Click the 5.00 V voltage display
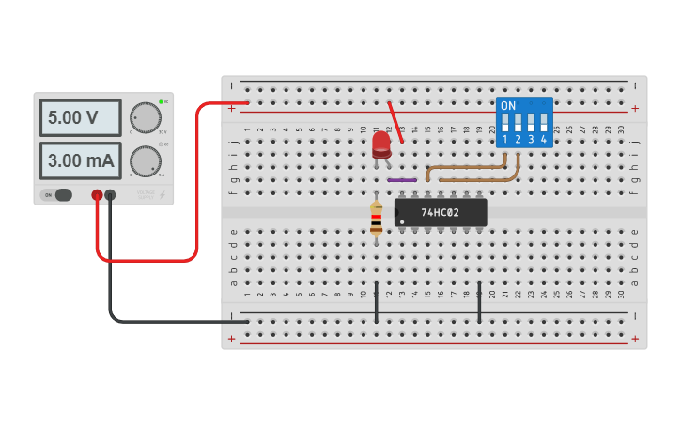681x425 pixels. tap(80, 118)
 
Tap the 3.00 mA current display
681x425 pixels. tap(80, 160)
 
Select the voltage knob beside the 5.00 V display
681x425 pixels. tap(145, 118)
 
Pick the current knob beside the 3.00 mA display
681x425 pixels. tap(145, 160)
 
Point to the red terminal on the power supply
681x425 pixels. tap(97, 195)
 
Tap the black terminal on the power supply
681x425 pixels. tap(110, 195)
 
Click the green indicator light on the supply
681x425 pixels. tap(161, 101)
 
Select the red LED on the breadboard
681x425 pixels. tap(380, 144)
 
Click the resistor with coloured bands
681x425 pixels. tap(377, 218)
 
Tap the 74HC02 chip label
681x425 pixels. tap(440, 213)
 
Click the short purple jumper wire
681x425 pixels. tap(402, 179)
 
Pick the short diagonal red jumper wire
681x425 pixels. tap(396, 121)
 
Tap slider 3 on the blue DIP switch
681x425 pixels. tap(531, 123)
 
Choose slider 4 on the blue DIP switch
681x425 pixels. tap(544, 123)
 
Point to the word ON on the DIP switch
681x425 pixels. tap(508, 106)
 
